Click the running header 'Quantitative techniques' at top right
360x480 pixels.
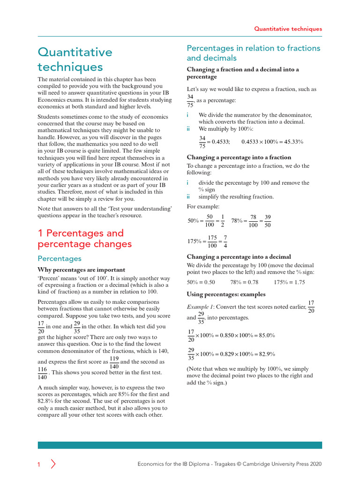pyautogui.click(x=288, y=29)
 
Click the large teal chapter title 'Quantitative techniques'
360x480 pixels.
pyautogui.click(x=75, y=59)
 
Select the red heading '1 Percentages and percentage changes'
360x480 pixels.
pyautogui.click(x=84, y=239)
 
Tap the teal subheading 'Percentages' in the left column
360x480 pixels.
pyautogui.click(x=60, y=259)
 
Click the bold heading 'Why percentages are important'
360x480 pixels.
pyautogui.click(x=81, y=270)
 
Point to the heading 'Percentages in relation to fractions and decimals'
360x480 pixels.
pyautogui.click(x=253, y=53)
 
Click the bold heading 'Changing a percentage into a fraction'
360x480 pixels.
pyautogui.click(x=239, y=157)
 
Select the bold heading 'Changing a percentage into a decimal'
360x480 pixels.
pyautogui.click(x=239, y=257)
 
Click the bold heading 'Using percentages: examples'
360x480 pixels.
pyautogui.click(x=226, y=294)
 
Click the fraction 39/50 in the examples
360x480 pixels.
pyautogui.click(x=268, y=221)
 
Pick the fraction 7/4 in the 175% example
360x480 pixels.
pyautogui.click(x=225, y=241)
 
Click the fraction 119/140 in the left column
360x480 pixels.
pyautogui.click(x=114, y=362)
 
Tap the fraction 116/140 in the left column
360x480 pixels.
pyautogui.click(x=42, y=373)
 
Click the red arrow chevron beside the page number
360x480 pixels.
pyautogui.click(x=53, y=465)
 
